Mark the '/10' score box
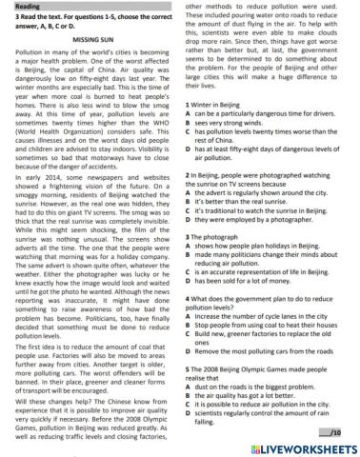338,432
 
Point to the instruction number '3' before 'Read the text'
7,21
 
